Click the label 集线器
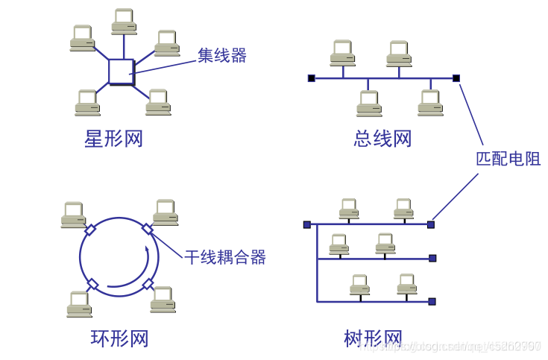click(221, 55)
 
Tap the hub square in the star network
click(121, 72)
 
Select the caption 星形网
click(113, 139)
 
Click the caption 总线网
click(382, 139)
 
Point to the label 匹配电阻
click(508, 159)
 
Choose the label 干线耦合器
click(226, 258)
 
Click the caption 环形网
click(119, 338)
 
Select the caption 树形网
click(373, 338)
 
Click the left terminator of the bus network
click(311, 78)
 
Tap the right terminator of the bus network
click(456, 78)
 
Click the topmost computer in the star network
click(124, 21)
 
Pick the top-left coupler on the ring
click(90, 230)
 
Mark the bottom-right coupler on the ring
click(148, 284)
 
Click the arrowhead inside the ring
click(152, 256)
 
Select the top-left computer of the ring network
click(73, 214)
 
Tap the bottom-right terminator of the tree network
click(432, 302)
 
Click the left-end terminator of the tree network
click(306, 224)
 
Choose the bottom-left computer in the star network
click(87, 102)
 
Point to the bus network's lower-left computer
click(368, 103)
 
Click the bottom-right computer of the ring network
click(163, 298)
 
